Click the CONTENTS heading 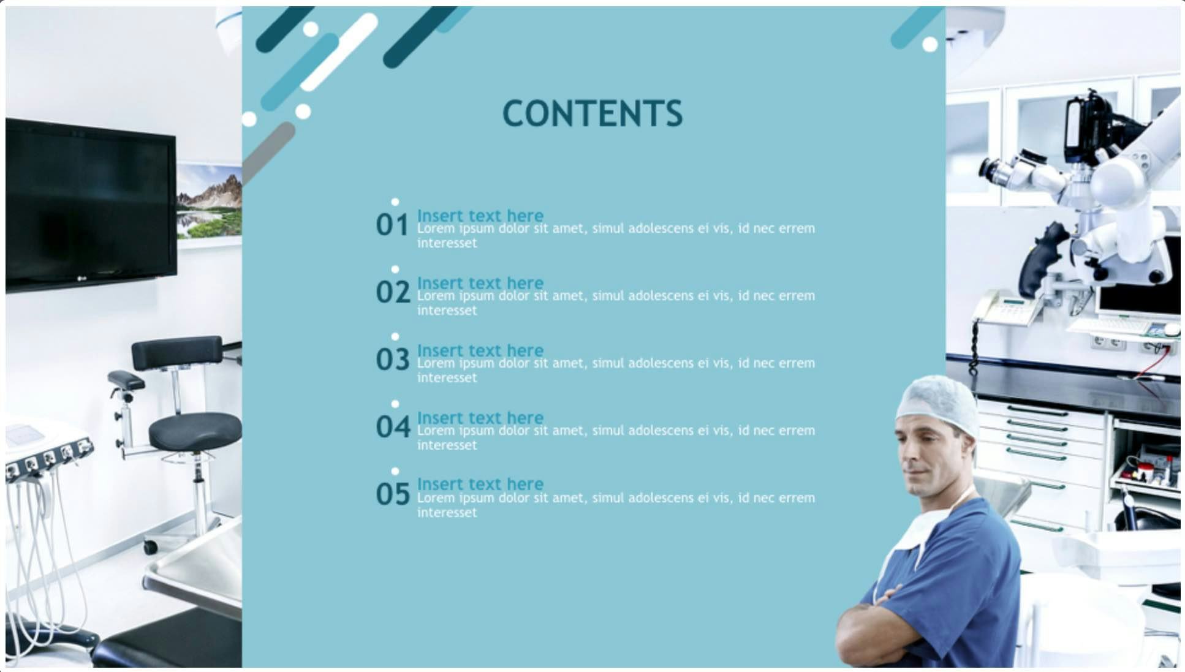click(x=592, y=113)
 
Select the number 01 click(x=392, y=225)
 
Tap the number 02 click(x=393, y=292)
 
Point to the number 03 click(x=393, y=360)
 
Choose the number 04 click(x=393, y=427)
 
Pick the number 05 click(x=393, y=494)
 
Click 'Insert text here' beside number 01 click(x=480, y=215)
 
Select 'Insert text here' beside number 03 click(x=480, y=350)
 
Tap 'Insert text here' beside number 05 click(x=480, y=483)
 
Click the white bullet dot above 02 click(x=395, y=270)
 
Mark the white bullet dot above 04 click(x=395, y=404)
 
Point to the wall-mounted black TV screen click(x=91, y=204)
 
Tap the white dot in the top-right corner click(x=929, y=44)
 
